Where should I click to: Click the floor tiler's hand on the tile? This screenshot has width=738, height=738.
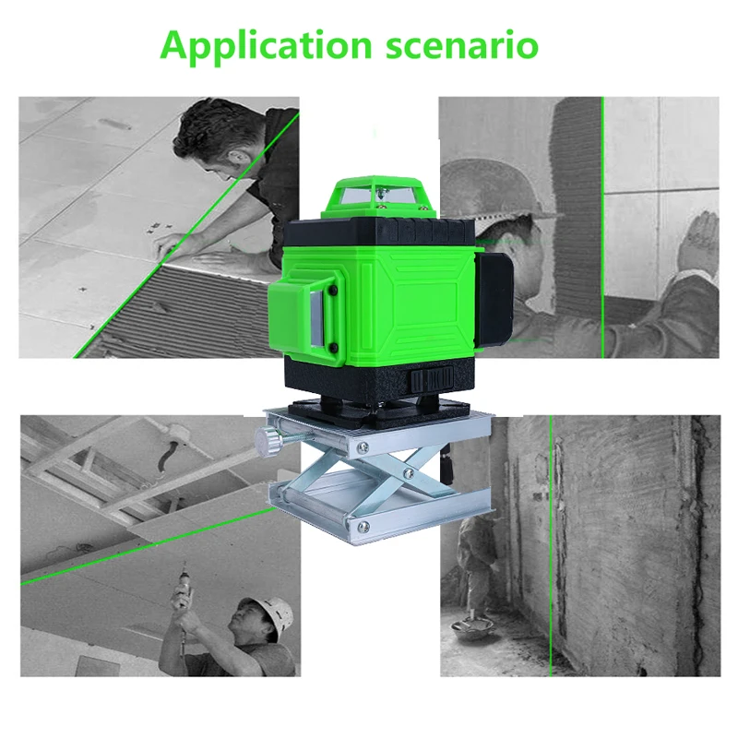pyautogui.click(x=167, y=244)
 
